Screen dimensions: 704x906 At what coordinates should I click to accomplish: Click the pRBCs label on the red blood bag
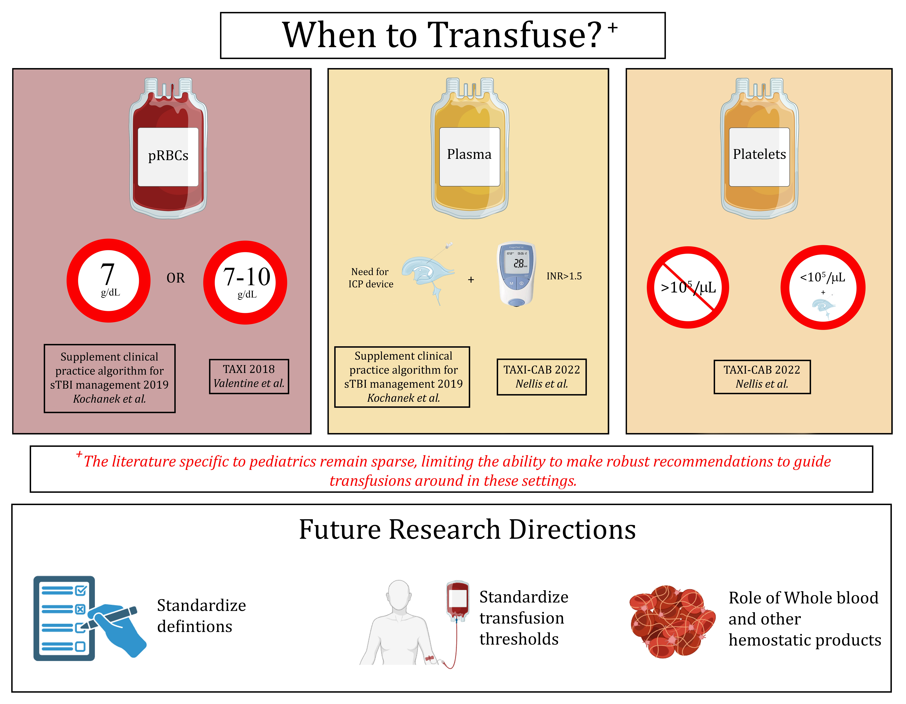[168, 156]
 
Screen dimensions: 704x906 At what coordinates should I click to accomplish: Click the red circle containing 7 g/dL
[109, 281]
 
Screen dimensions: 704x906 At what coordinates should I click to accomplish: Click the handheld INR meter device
[516, 274]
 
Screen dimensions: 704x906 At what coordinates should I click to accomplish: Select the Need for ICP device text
[370, 278]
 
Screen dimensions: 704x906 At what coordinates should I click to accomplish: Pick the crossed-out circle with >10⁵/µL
[688, 287]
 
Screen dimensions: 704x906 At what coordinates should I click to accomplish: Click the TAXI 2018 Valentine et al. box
[249, 376]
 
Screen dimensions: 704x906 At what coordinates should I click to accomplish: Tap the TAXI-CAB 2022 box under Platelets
[762, 376]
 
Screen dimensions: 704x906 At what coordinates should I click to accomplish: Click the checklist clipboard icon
[64, 618]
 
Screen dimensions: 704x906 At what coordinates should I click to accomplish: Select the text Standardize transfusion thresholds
[523, 618]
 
